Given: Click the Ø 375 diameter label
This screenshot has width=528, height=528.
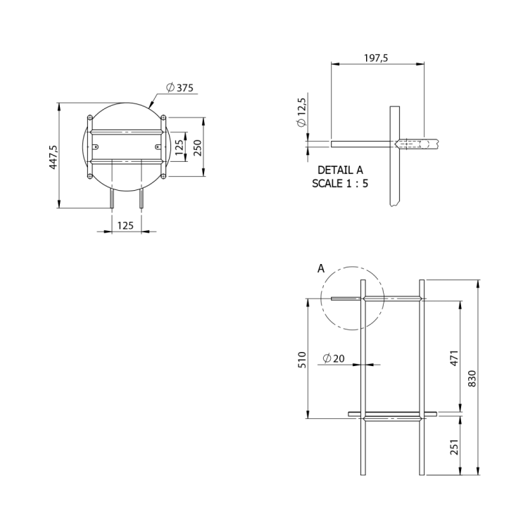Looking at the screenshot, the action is (x=180, y=87).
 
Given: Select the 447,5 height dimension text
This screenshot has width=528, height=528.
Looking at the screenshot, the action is (x=54, y=157).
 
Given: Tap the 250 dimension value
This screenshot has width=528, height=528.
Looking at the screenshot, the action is (x=198, y=148).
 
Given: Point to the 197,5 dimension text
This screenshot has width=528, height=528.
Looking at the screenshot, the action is (x=376, y=58).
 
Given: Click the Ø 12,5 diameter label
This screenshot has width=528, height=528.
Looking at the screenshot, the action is (x=302, y=113).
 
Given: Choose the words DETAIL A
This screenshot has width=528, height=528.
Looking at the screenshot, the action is (x=340, y=170).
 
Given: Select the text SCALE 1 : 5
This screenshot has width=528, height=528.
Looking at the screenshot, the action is (x=340, y=184).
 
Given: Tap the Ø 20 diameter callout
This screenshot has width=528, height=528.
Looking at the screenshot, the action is (x=334, y=358).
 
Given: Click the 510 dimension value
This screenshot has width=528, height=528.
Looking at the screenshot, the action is (x=302, y=360).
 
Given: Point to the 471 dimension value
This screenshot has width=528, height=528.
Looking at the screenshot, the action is (x=454, y=358).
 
